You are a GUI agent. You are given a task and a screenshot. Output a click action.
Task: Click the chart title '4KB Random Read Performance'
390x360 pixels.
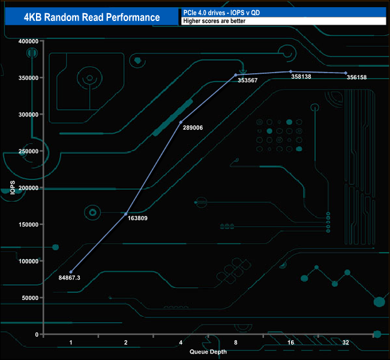click(92, 17)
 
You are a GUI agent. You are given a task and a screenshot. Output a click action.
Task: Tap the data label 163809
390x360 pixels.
click(137, 218)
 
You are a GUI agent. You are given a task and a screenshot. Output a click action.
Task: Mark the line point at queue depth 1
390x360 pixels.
click(71, 272)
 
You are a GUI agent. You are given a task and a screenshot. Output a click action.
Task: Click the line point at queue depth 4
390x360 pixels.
click(181, 122)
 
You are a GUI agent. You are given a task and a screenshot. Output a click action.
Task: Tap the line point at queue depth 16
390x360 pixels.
click(290, 71)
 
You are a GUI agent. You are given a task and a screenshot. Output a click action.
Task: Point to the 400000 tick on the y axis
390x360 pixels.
click(29, 41)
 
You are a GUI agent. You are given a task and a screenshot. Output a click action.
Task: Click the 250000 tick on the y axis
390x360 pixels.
click(29, 151)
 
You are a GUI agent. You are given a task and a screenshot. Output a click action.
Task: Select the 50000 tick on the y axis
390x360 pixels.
click(31, 298)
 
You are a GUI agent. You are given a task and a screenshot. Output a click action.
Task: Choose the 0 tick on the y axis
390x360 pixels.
click(37, 334)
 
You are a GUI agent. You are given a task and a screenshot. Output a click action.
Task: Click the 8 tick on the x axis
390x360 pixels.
click(235, 343)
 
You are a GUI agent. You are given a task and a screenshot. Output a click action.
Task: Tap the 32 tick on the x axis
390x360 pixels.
click(345, 343)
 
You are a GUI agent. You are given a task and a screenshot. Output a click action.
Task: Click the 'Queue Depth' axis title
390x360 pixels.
click(208, 352)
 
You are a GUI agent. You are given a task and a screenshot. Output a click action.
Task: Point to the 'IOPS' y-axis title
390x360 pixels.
click(12, 188)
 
